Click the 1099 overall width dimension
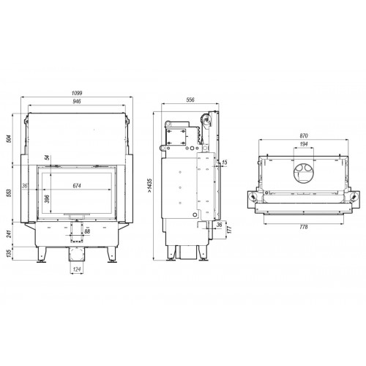point(77,93)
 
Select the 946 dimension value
point(77,101)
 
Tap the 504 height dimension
point(9,138)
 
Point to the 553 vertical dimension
point(9,193)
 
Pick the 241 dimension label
point(9,234)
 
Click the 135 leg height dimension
point(9,253)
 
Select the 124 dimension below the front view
point(77,269)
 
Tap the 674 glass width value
point(77,186)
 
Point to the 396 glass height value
point(48,199)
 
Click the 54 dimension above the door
point(48,157)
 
